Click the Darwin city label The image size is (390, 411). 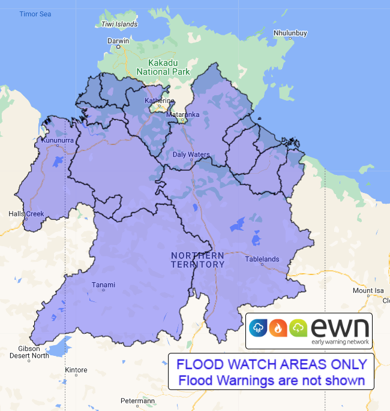point(118,41)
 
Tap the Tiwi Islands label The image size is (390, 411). point(119,25)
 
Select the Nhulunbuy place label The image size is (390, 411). point(290,33)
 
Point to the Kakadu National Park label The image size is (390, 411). point(163,67)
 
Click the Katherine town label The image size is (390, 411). point(159,101)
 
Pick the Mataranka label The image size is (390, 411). point(182,113)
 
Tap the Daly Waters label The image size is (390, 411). point(191,155)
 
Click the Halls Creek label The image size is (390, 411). point(26,214)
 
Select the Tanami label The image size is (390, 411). point(103,285)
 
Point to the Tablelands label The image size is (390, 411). point(262,259)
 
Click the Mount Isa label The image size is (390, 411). point(368,291)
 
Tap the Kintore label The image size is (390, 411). point(76,370)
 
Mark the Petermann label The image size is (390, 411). point(137,401)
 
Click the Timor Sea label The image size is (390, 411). point(35,14)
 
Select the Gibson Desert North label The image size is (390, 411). point(29,352)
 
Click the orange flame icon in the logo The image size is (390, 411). point(277,327)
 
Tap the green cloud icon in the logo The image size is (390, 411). point(298,327)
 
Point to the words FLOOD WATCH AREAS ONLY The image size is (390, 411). point(271,364)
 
